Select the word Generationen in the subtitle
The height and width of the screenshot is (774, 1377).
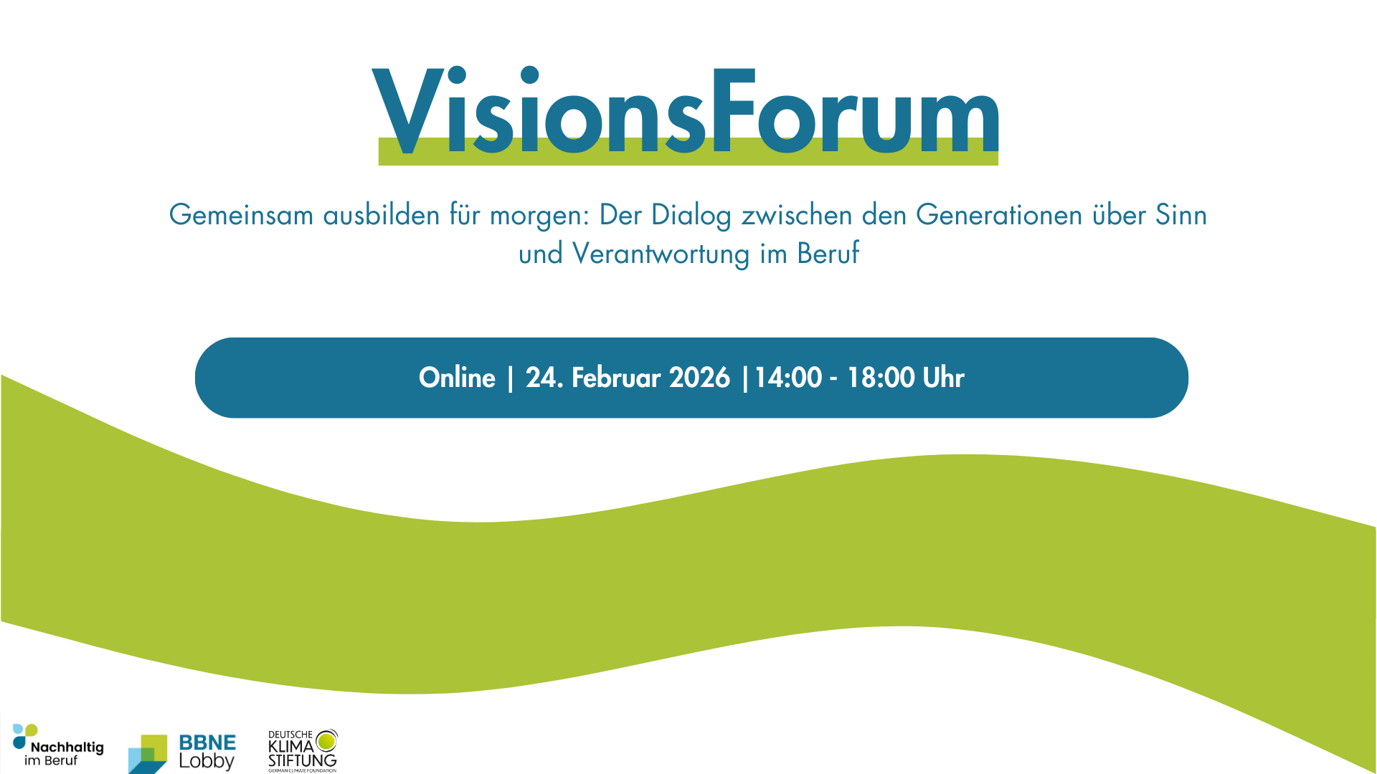point(999,215)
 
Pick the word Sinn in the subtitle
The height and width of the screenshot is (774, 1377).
point(1181,215)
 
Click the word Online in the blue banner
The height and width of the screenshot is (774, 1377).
point(457,378)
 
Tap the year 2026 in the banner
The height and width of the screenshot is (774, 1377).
point(699,378)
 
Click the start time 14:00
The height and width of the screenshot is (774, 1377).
point(788,378)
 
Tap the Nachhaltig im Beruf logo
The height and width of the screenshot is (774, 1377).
point(59,745)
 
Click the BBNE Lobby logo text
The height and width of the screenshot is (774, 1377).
point(207,752)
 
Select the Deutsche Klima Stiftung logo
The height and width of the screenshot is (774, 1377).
point(303,750)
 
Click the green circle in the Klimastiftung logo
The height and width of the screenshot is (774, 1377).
point(326,741)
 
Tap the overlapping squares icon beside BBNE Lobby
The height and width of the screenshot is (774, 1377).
point(148,754)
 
